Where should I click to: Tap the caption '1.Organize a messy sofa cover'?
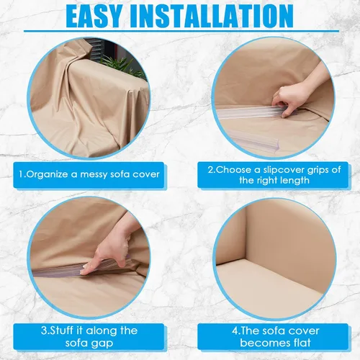pos(89,174)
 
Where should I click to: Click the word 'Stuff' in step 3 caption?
pos(60,330)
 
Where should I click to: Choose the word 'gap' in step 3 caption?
pos(104,343)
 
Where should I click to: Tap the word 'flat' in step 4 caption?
pos(301,342)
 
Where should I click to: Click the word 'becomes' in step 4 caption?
pos(264,342)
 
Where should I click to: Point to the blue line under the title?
pos(181,31)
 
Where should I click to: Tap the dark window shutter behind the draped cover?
pos(97,48)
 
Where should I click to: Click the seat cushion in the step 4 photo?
pos(271,283)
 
